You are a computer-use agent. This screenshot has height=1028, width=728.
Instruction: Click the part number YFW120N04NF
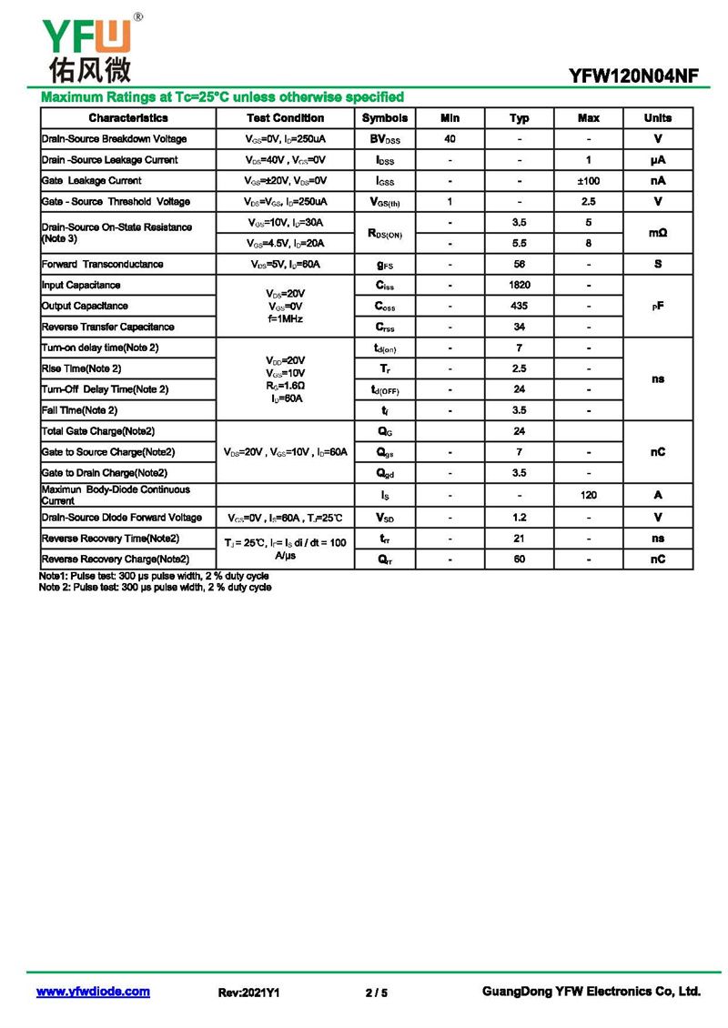634,77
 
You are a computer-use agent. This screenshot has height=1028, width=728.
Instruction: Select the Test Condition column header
285,118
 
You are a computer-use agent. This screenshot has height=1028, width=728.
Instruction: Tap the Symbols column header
385,118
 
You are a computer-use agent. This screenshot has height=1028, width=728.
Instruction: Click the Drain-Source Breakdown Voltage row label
114,139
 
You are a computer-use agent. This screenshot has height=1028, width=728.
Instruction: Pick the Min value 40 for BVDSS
450,139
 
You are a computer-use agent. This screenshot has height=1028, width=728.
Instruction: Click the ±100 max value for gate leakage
589,181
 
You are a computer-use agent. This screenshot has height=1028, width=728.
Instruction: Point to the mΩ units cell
658,234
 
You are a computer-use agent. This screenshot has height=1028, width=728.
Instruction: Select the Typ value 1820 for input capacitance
520,286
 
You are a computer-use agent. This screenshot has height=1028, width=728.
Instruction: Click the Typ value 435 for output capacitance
520,307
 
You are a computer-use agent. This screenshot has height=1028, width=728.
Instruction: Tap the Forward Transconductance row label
103,265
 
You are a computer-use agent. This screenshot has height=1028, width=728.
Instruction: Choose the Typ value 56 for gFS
520,265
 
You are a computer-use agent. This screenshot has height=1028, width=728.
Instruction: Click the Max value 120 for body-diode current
589,495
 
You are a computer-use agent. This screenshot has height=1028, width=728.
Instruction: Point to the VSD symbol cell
385,518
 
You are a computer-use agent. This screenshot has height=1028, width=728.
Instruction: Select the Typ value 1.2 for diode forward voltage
520,518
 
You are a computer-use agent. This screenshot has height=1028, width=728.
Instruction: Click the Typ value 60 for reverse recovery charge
520,559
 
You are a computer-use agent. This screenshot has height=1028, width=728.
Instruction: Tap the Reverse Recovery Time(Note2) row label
111,539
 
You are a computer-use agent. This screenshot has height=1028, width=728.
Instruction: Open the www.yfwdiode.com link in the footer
93,992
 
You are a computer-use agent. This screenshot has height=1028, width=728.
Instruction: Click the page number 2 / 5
376,993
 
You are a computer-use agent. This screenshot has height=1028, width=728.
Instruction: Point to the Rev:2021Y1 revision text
248,993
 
